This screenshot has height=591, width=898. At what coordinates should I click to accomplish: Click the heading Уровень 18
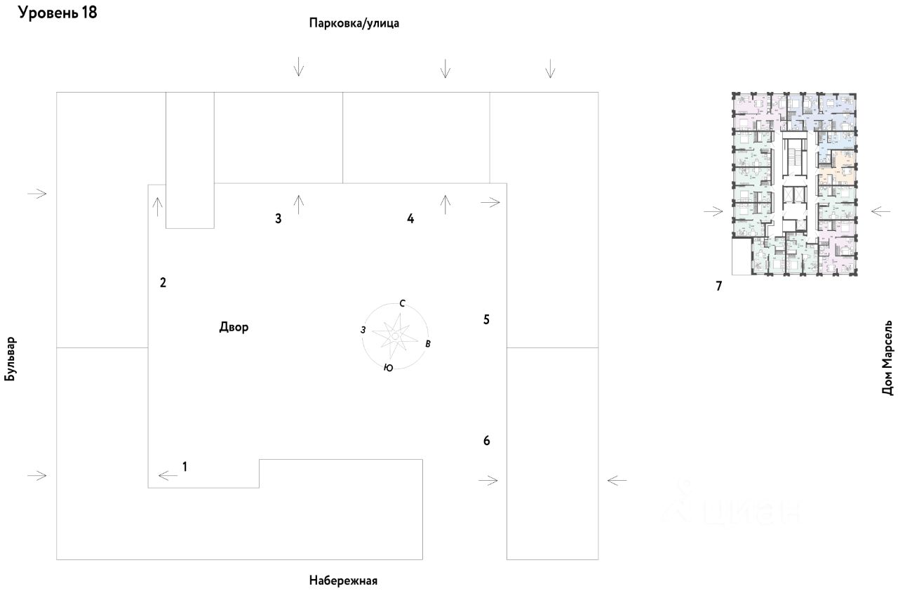[58, 13]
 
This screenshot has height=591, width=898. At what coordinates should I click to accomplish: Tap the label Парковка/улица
[354, 23]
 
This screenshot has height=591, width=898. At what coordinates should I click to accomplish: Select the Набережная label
[343, 580]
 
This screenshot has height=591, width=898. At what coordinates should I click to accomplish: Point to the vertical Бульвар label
[10, 358]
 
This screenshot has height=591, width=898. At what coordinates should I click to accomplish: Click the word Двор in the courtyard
[234, 327]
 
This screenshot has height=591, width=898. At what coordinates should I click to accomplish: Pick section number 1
[185, 465]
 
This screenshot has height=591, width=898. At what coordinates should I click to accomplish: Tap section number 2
[163, 283]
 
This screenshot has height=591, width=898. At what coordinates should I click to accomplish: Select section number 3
[279, 218]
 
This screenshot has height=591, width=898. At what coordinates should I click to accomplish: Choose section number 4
[410, 218]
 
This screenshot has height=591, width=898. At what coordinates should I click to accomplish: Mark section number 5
[486, 319]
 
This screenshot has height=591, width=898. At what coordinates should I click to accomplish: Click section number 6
[486, 441]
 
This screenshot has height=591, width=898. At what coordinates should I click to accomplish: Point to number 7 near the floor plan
[718, 286]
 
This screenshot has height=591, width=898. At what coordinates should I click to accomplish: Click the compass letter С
[402, 304]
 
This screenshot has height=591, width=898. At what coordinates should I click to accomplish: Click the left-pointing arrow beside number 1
[168, 476]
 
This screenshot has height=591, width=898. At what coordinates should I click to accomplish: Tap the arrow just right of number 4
[445, 204]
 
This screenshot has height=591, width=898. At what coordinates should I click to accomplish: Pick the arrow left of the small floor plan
[713, 211]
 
